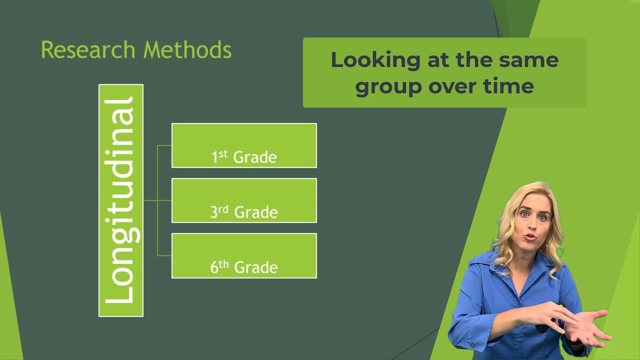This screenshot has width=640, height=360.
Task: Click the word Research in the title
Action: pos(88,49)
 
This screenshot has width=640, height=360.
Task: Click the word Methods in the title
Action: pos(187,49)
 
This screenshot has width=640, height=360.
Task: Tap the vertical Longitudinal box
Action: pos(121,200)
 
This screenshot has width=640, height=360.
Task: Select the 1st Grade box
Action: pos(244,145)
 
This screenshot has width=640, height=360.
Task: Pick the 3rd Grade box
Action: pos(244,200)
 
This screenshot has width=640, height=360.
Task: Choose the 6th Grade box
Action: pos(244,255)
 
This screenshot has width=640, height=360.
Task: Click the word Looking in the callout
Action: pos(375,61)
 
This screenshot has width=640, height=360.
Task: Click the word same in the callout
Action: pos(528,60)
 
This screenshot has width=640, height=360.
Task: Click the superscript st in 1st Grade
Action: pos(223,154)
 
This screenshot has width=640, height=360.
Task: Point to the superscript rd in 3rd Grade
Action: pos(223,209)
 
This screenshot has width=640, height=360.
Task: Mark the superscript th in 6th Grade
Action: pos(224,264)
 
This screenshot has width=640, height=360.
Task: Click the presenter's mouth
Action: pos(530,237)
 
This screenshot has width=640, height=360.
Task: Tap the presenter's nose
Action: pos(532,224)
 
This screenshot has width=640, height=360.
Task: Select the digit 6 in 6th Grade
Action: pos(214,267)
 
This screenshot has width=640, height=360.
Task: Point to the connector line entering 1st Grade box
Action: pos(164,145)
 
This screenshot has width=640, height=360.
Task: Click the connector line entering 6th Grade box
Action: pos(164,255)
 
